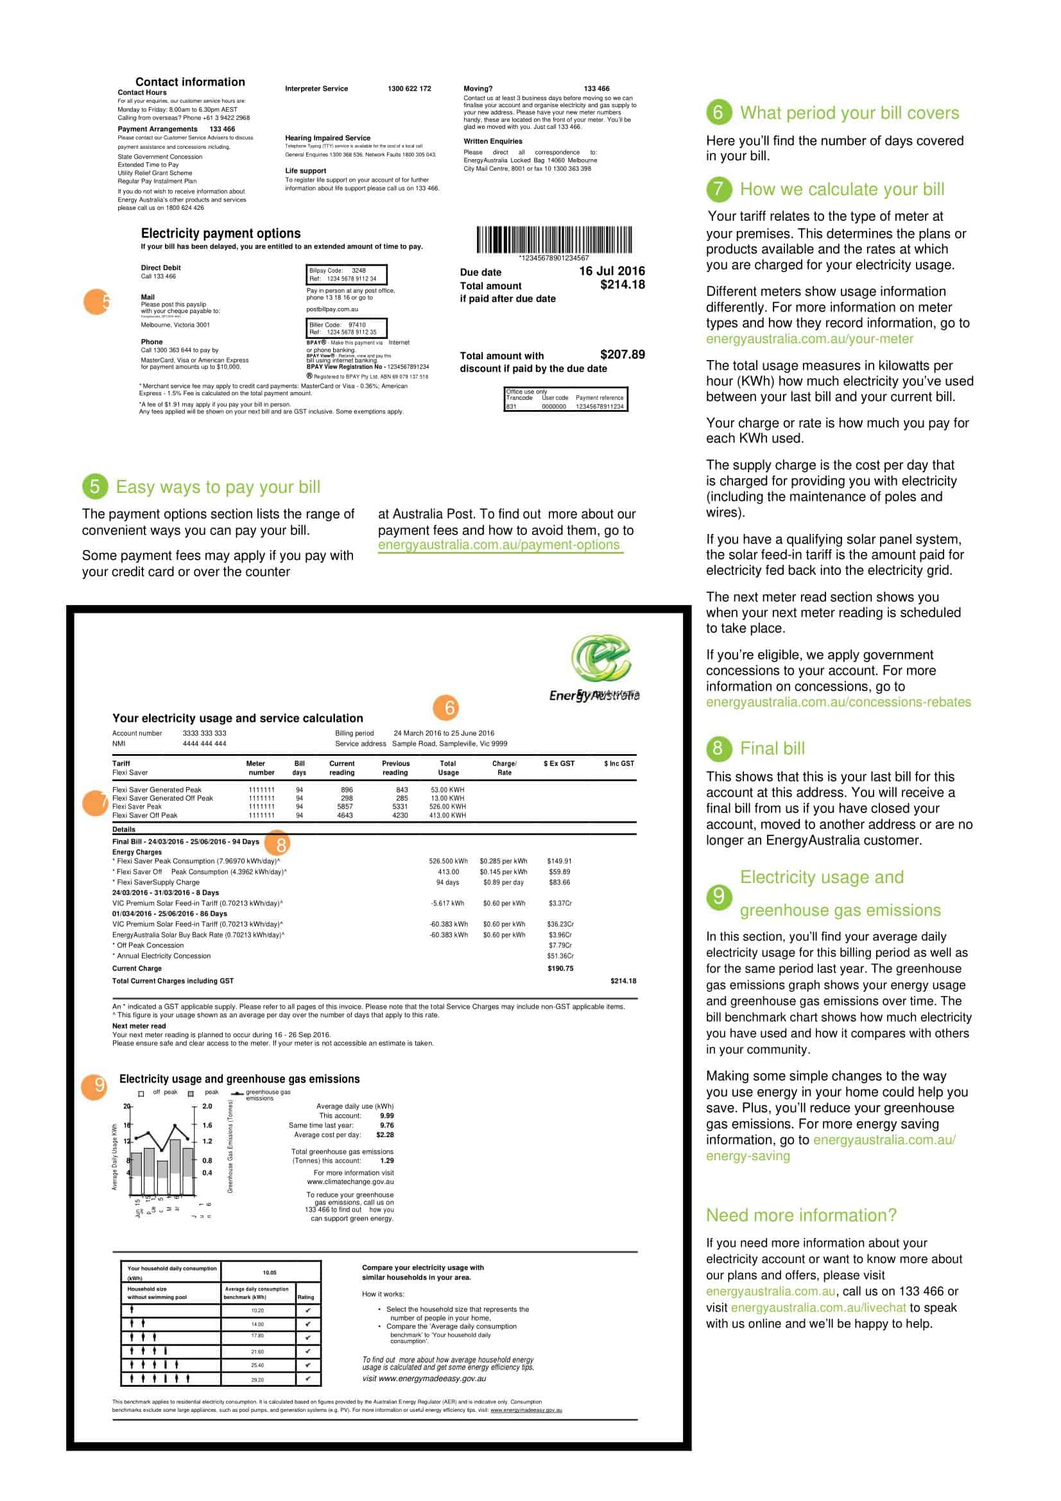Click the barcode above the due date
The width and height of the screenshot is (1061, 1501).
(x=554, y=239)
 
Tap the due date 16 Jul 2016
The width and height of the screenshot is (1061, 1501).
(x=611, y=271)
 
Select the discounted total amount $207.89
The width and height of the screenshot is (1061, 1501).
(x=622, y=354)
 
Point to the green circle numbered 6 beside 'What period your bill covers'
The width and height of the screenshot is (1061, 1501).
(x=718, y=112)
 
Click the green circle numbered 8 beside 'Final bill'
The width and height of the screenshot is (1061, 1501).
(x=718, y=748)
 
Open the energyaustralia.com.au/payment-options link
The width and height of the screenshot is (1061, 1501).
(x=499, y=545)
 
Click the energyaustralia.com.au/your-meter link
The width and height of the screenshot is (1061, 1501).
(x=809, y=339)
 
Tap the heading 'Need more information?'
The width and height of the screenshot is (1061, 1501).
(x=801, y=1215)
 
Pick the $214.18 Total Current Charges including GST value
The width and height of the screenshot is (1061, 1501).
(x=623, y=981)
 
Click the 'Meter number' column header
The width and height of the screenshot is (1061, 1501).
(x=260, y=768)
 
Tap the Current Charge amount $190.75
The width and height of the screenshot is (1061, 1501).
(x=560, y=968)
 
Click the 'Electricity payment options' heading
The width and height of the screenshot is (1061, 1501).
(x=221, y=234)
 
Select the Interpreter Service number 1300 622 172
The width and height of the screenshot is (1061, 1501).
(x=410, y=89)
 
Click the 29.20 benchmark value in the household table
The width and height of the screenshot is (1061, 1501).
(x=257, y=1380)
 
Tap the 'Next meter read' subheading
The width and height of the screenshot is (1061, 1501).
(x=139, y=1025)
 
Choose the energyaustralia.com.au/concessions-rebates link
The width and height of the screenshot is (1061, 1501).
(x=838, y=702)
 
